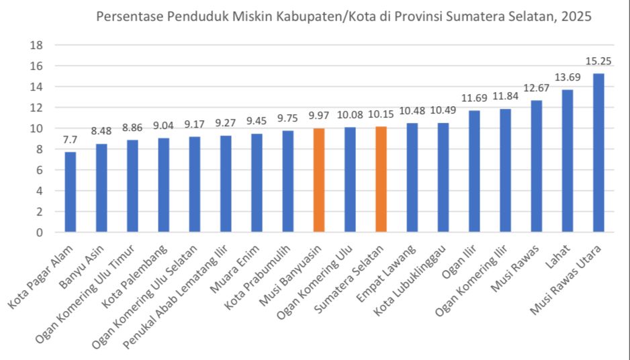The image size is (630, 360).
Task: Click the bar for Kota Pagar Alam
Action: tap(71, 192)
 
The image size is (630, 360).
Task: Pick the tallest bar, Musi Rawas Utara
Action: tap(598, 153)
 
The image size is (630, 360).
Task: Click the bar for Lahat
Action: tap(568, 161)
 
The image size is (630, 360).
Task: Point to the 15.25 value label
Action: tap(598, 61)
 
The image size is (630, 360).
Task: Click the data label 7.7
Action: tap(71, 140)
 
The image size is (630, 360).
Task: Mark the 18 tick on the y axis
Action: tap(37, 46)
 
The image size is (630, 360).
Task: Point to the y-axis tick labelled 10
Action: tap(37, 128)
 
